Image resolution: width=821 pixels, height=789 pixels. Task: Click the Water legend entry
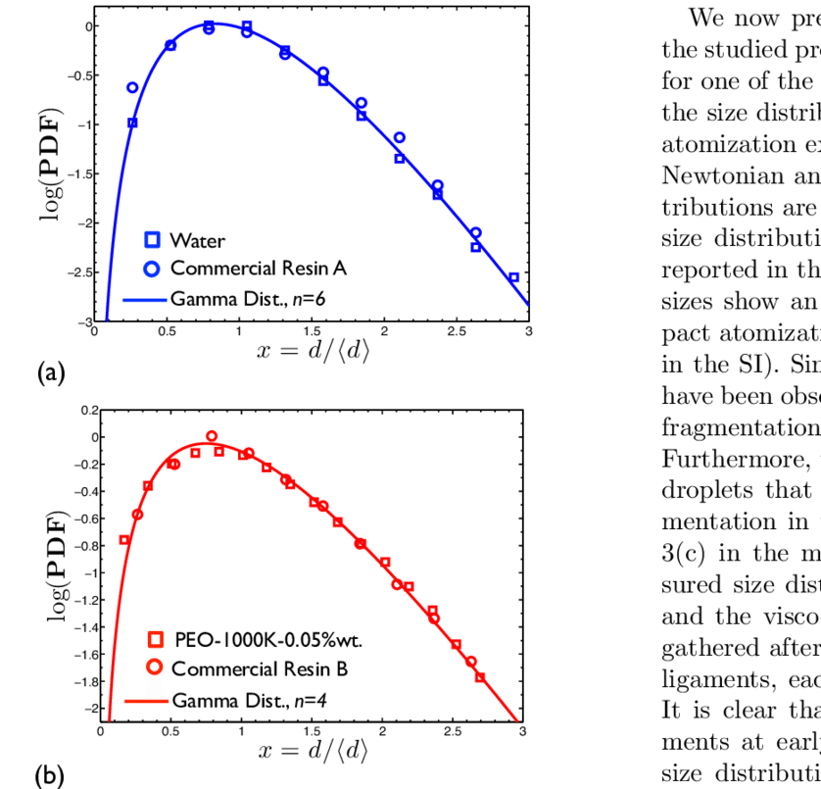click(x=197, y=239)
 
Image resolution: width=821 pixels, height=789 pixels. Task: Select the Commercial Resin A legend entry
click(x=258, y=267)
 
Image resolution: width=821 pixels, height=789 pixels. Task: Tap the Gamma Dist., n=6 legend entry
click(x=242, y=294)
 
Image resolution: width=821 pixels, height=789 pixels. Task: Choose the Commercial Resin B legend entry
click(x=257, y=670)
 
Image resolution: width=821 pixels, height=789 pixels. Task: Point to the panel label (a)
click(x=50, y=372)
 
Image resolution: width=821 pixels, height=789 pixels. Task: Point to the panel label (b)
click(x=50, y=776)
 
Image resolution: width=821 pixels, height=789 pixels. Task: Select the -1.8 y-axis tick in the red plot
click(x=82, y=681)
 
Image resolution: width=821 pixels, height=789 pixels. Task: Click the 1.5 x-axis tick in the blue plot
click(x=312, y=333)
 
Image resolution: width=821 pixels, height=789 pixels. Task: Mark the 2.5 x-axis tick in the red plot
click(x=452, y=731)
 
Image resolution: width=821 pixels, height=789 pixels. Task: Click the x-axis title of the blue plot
click(x=311, y=353)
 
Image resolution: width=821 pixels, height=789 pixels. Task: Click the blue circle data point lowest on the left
click(x=132, y=87)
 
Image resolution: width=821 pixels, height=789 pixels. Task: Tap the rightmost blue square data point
click(x=513, y=277)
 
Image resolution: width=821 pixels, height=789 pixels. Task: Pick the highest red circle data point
click(x=212, y=436)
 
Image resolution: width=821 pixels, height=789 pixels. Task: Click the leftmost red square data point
click(x=124, y=540)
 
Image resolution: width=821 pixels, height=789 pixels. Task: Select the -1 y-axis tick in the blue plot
click(x=84, y=124)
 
